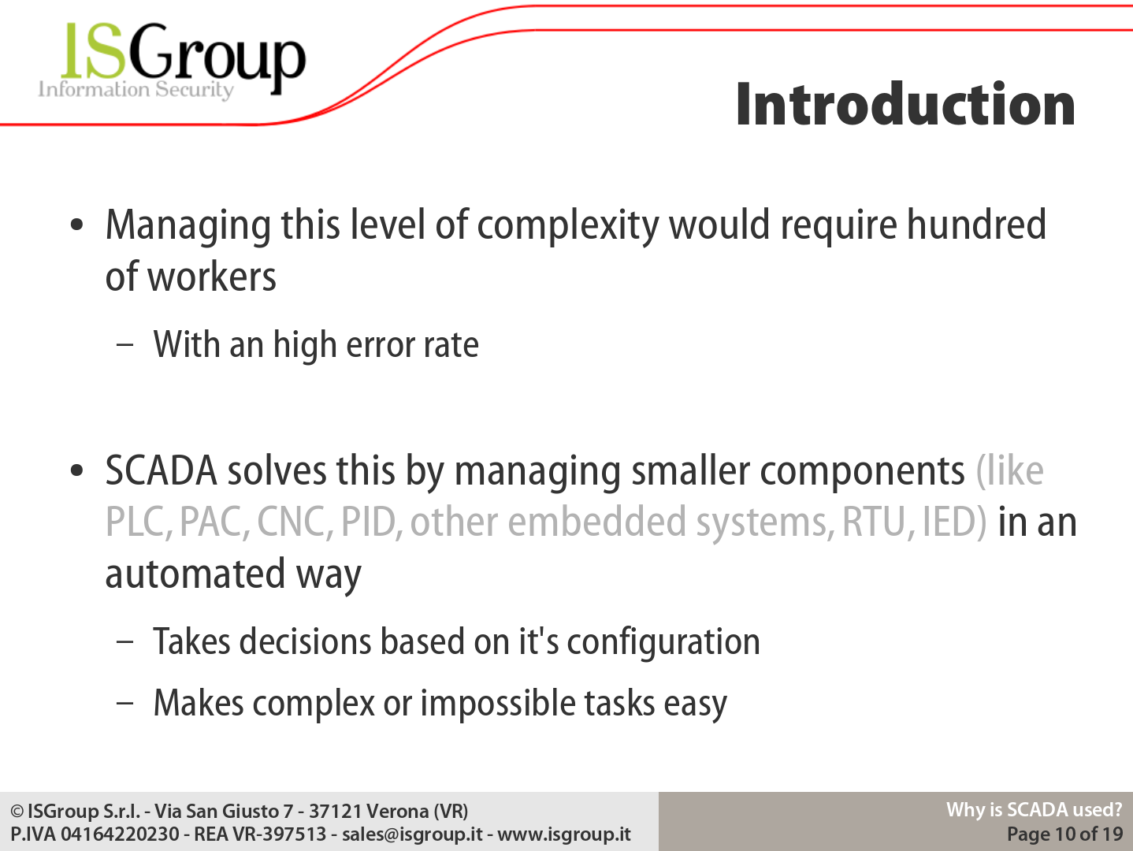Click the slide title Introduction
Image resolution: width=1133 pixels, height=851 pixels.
click(x=905, y=104)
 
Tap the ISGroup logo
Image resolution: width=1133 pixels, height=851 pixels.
click(x=172, y=60)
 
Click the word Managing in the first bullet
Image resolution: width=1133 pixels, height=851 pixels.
click(x=188, y=226)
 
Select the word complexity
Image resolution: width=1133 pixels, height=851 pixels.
click(x=568, y=226)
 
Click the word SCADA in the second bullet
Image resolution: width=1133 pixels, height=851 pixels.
click(x=161, y=470)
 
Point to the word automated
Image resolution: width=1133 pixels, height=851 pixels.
click(x=195, y=574)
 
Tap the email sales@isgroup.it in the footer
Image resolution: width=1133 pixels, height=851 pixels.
click(x=412, y=834)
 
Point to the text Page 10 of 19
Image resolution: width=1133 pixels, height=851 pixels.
click(x=1065, y=834)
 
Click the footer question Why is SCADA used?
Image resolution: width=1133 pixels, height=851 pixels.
click(x=1034, y=810)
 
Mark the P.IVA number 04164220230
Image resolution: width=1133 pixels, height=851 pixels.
click(x=120, y=834)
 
